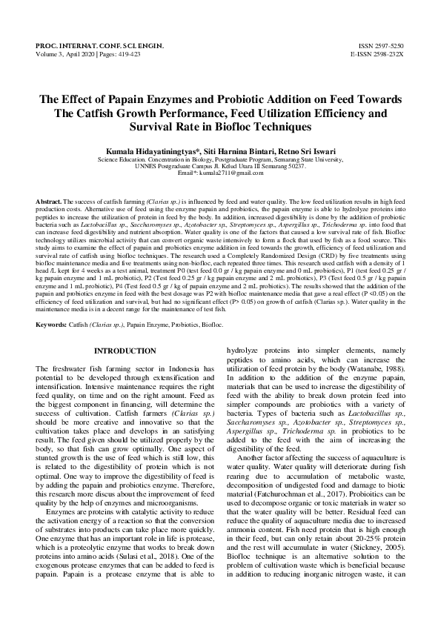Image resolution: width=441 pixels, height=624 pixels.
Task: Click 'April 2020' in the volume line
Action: pos(79,54)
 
